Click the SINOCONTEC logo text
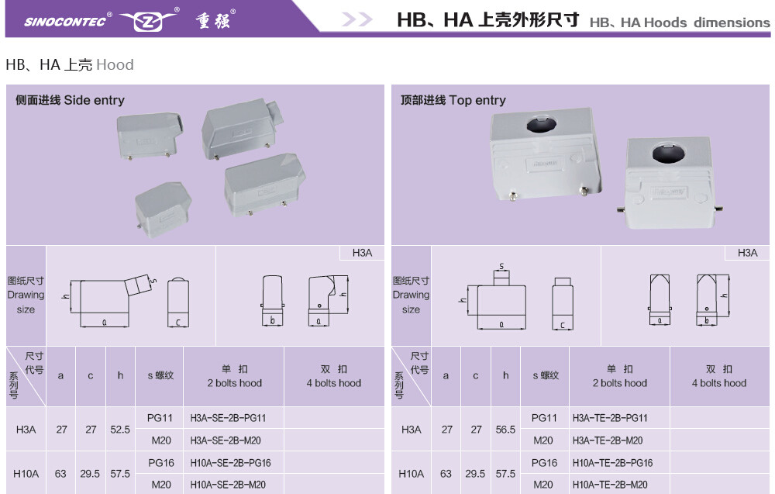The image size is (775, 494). pyautogui.click(x=65, y=22)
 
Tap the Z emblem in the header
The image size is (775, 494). pyautogui.click(x=148, y=21)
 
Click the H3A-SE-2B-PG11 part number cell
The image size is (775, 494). pyautogui.click(x=228, y=418)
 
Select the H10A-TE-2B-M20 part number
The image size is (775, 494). pyautogui.click(x=610, y=485)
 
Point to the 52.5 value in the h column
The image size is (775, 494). pyautogui.click(x=120, y=430)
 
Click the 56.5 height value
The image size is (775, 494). pyautogui.click(x=505, y=430)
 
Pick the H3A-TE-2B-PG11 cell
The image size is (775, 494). pyautogui.click(x=610, y=418)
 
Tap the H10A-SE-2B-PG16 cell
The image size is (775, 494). pyautogui.click(x=230, y=463)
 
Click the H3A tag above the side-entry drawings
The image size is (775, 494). pyautogui.click(x=362, y=253)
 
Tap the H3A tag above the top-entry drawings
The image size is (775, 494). pyautogui.click(x=747, y=253)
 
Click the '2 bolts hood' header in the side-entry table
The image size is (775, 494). pyautogui.click(x=235, y=383)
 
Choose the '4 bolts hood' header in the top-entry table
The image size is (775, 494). pyautogui.click(x=719, y=383)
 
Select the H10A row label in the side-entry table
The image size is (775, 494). pyautogui.click(x=26, y=474)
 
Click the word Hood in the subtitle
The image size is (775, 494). pyautogui.click(x=115, y=65)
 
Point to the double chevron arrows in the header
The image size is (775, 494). pyautogui.click(x=356, y=20)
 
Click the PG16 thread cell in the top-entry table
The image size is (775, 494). pyautogui.click(x=544, y=463)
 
